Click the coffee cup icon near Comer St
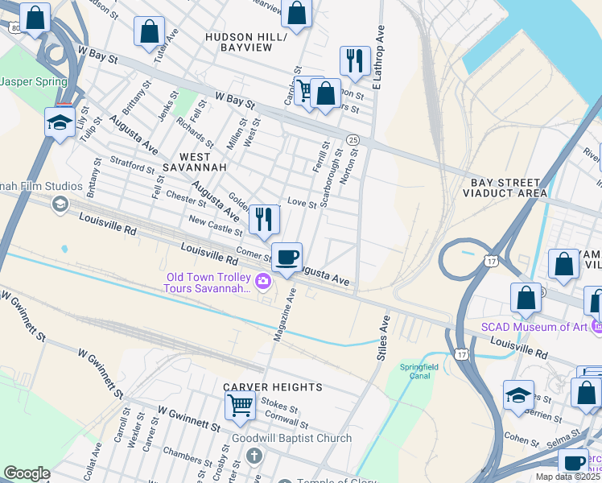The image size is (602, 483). (x=287, y=258)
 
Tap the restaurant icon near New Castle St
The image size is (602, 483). (x=264, y=219)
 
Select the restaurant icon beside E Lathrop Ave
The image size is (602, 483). (x=354, y=60)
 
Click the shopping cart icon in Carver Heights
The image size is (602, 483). (x=240, y=406)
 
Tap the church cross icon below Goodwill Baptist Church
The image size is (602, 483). (x=254, y=457)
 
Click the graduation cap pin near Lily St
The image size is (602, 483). (x=60, y=122)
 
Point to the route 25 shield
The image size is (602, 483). (x=353, y=140)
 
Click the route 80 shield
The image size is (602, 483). (x=15, y=28)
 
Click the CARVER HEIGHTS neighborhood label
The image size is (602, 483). (x=273, y=387)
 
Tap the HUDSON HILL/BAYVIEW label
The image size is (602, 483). (x=245, y=43)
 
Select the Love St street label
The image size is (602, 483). (x=302, y=204)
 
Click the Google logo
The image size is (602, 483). (x=27, y=473)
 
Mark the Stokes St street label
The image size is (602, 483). (x=281, y=410)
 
